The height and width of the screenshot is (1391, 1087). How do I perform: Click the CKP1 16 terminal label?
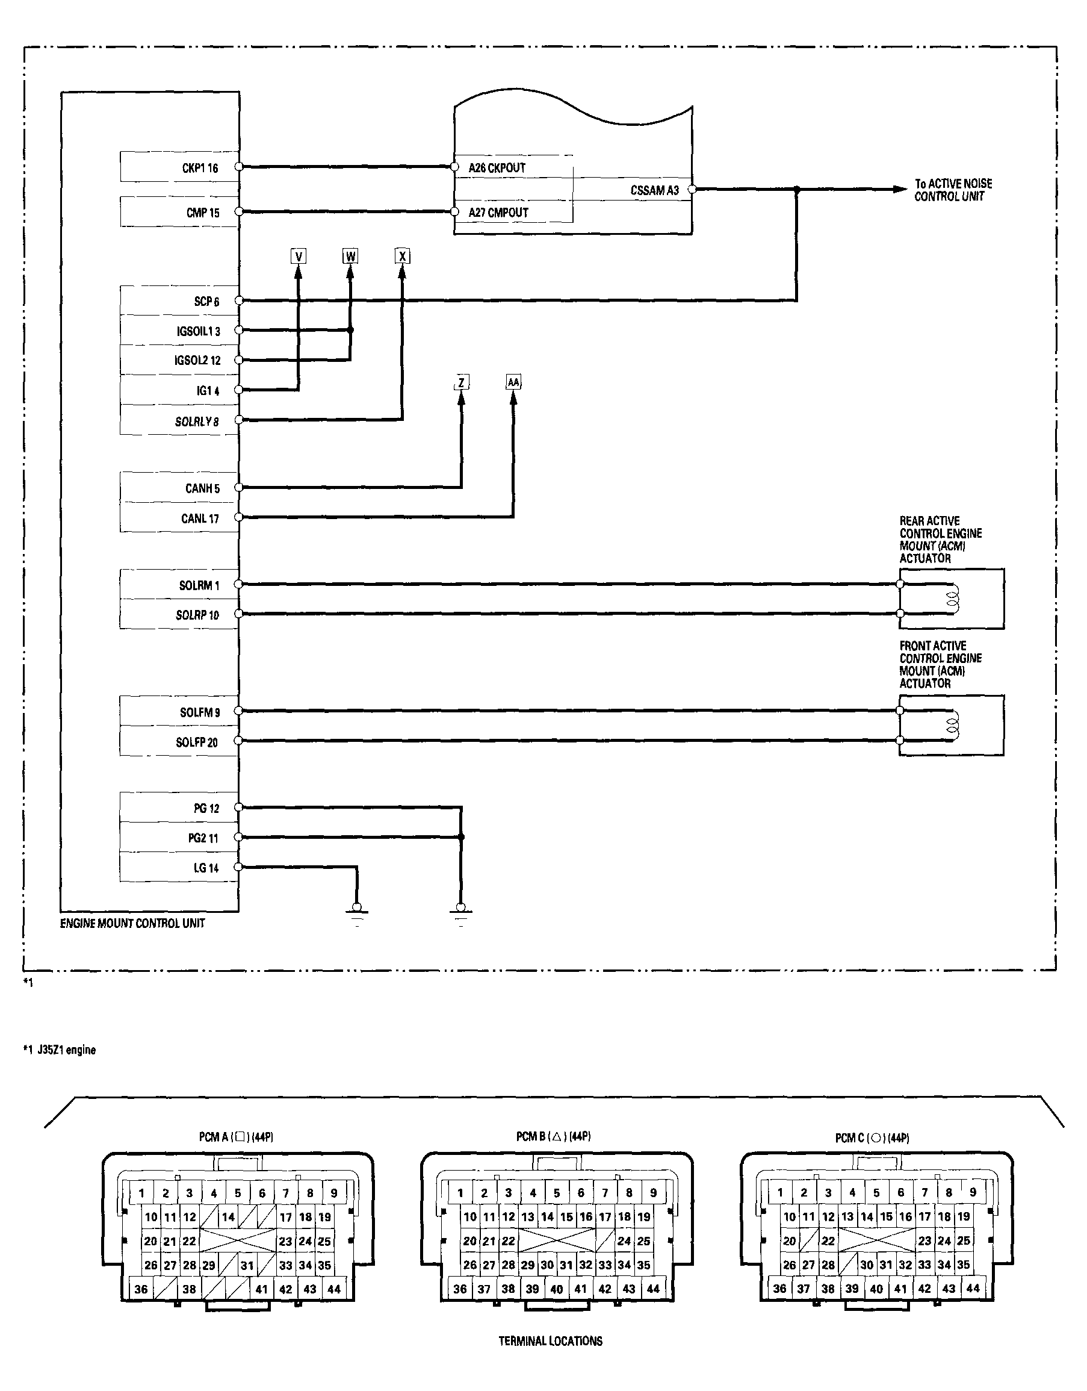200,168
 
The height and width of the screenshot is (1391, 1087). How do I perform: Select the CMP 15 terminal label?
202,213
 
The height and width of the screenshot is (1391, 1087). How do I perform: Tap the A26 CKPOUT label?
497,168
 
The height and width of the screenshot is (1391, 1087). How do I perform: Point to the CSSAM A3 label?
655,190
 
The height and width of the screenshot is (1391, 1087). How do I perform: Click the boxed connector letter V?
298,256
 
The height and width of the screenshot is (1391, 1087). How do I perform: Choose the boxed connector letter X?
402,256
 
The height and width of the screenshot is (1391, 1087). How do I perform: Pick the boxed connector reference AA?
513,382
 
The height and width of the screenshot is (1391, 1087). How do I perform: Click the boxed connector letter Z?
461,382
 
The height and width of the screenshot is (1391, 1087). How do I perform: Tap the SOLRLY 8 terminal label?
197,422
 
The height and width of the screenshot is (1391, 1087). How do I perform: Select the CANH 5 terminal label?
202,488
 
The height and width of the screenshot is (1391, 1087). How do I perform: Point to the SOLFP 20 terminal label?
197,742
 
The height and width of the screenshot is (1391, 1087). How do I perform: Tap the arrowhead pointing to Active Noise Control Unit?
899,189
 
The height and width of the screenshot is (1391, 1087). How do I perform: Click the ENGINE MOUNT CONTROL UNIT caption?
132,924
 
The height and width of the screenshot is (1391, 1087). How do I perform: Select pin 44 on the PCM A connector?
333,1289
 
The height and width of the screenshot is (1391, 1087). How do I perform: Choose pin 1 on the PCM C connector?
780,1192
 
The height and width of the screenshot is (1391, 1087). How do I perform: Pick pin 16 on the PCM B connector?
586,1216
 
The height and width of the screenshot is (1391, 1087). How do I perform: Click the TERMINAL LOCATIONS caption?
550,1342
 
